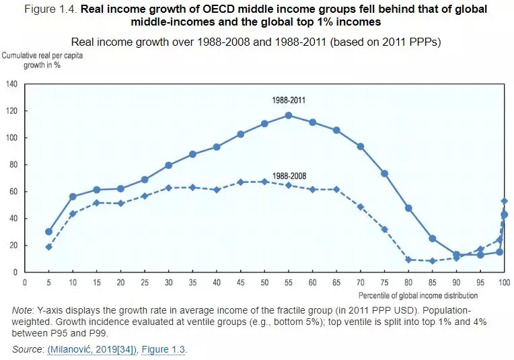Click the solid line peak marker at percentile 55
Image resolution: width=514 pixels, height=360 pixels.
[x=289, y=115]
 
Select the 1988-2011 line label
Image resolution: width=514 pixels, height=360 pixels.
[x=289, y=100]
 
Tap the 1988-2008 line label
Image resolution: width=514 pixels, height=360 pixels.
[x=289, y=176]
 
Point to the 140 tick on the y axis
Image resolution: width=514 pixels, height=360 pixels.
[x=11, y=84]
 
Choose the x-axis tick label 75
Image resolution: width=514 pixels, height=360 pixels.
[x=384, y=283]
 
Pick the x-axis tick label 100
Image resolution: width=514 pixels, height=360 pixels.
[x=503, y=283]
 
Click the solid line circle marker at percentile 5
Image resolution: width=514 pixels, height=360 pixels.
[x=48, y=231]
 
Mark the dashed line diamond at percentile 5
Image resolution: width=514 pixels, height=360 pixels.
[x=48, y=247]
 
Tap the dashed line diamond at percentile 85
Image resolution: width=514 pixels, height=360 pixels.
[x=432, y=261]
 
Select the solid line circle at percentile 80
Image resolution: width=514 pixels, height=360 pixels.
[x=408, y=208]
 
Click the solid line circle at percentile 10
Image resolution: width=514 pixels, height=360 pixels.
[x=73, y=196]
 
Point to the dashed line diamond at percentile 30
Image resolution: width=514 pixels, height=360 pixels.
[x=168, y=188]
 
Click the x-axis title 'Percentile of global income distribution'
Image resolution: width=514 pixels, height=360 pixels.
[x=418, y=295]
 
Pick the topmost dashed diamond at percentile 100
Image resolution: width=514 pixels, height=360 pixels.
[x=504, y=201]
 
